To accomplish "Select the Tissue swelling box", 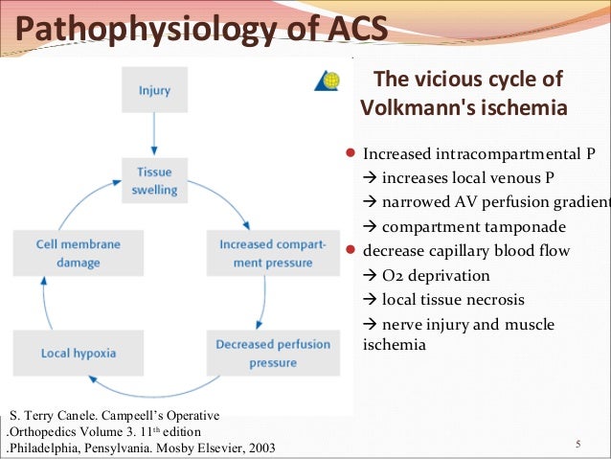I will tap(154, 180).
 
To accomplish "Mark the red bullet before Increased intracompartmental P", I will tap(351, 152).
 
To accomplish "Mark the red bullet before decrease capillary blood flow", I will tap(351, 251).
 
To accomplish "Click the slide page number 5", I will tap(577, 444).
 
